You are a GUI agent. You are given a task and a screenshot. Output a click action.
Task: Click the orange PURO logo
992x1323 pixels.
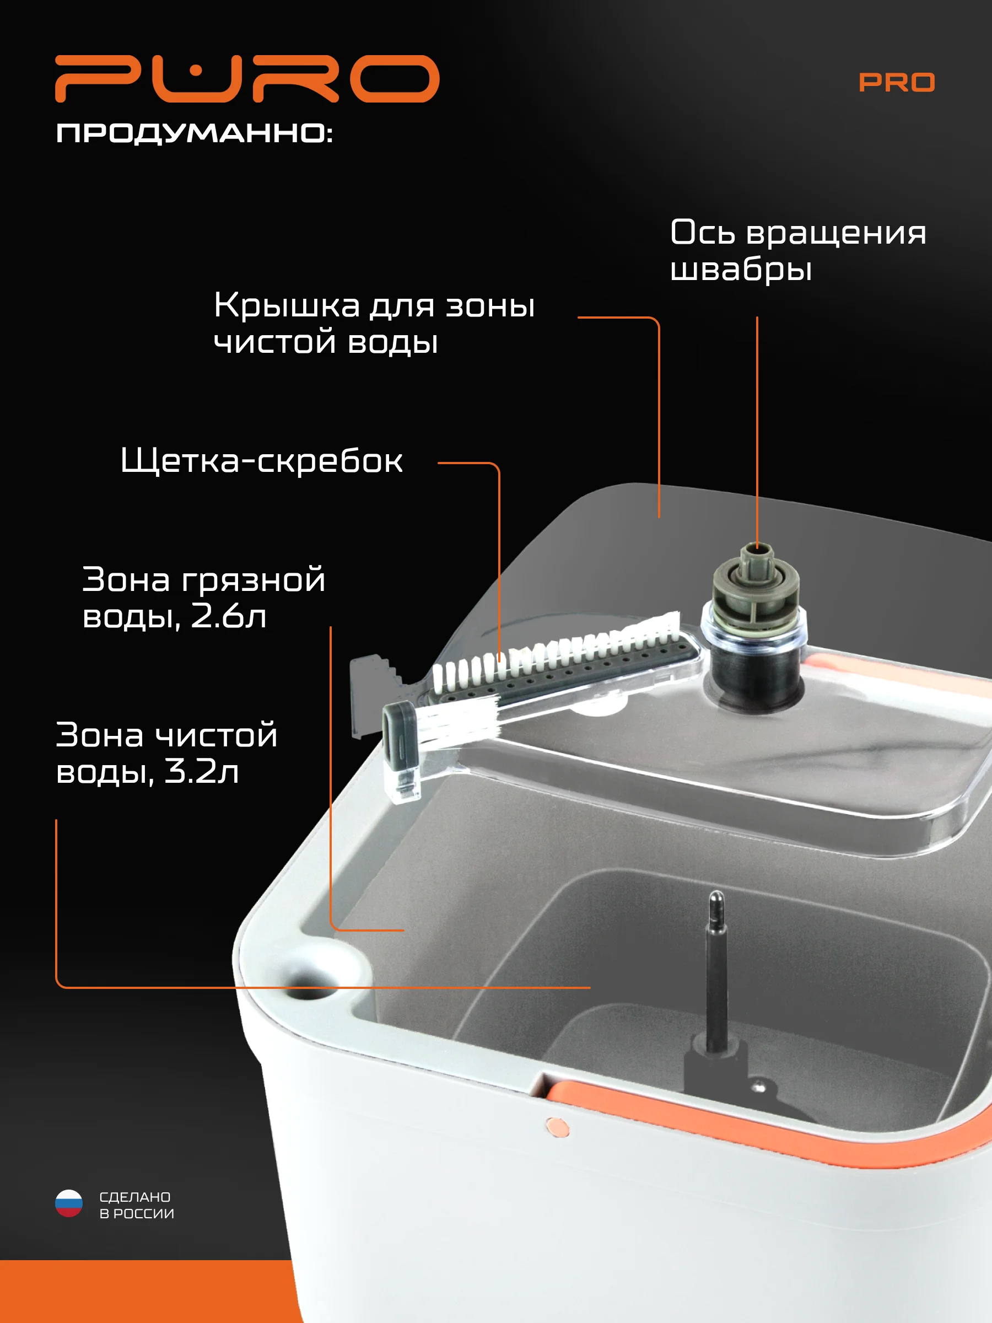(247, 78)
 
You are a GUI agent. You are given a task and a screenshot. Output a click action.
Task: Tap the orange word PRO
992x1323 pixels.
(896, 83)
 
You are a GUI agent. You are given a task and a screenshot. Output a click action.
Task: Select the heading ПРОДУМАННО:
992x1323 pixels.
(194, 133)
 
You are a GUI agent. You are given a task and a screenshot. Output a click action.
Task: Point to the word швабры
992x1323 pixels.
(741, 269)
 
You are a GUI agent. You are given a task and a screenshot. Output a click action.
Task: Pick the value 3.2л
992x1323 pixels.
(202, 771)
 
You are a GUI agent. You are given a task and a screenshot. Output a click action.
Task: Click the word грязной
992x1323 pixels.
(253, 580)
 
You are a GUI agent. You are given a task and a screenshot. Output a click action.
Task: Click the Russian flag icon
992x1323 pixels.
(69, 1203)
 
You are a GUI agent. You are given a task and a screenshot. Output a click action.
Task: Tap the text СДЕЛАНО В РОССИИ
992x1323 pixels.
(136, 1204)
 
